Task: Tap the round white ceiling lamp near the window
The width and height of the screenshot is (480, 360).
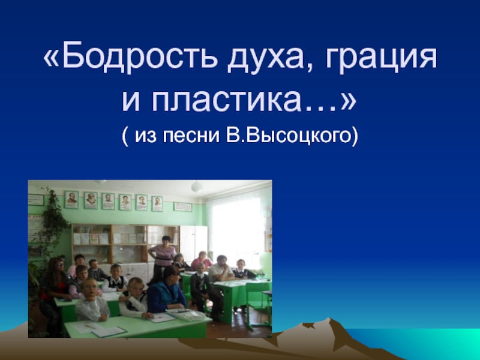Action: (196, 187)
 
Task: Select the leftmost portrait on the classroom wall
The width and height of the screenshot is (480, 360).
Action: (71, 200)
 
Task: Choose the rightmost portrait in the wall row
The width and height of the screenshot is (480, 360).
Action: (157, 203)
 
